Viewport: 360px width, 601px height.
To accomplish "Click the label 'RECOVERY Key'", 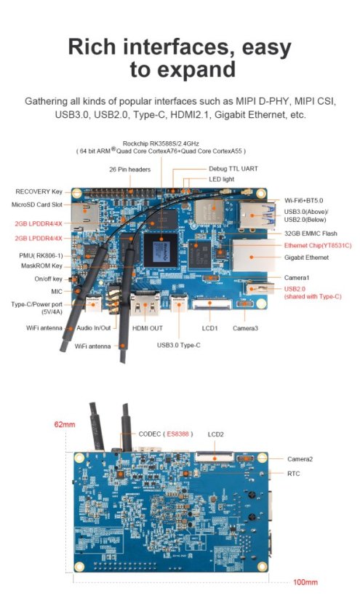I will click(39, 191).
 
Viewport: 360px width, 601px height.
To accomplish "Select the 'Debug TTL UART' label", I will click(233, 168).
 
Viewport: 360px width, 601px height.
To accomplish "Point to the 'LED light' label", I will click(223, 178).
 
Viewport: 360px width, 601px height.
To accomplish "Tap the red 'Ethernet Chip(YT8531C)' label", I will click(317, 245).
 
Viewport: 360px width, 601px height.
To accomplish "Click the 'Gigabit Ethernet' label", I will click(306, 258).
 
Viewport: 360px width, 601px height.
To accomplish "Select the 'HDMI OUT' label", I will click(148, 328).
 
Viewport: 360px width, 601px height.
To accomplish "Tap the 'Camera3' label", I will click(247, 328).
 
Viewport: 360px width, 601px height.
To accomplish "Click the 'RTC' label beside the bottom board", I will click(293, 473).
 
